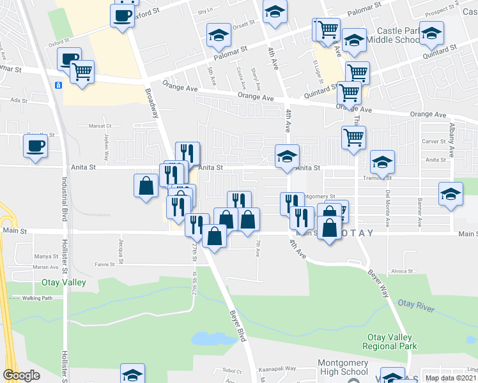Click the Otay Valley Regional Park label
pyautogui.click(x=392, y=342)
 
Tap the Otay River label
pyautogui.click(x=415, y=306)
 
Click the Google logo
pyautogui.click(x=21, y=375)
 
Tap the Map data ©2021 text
pyautogui.click(x=451, y=378)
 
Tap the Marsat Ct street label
pyautogui.click(x=100, y=126)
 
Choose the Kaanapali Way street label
pyautogui.click(x=277, y=369)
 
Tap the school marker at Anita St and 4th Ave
pyautogui.click(x=287, y=156)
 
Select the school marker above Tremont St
pyautogui.click(x=382, y=162)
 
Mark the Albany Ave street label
pyautogui.click(x=451, y=141)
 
